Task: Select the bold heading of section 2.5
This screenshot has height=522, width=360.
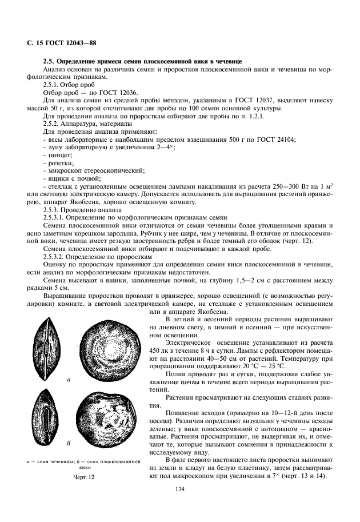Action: point(142,61)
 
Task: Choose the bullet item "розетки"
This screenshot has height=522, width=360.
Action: point(58,162)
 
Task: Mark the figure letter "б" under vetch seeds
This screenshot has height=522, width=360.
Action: point(69,443)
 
